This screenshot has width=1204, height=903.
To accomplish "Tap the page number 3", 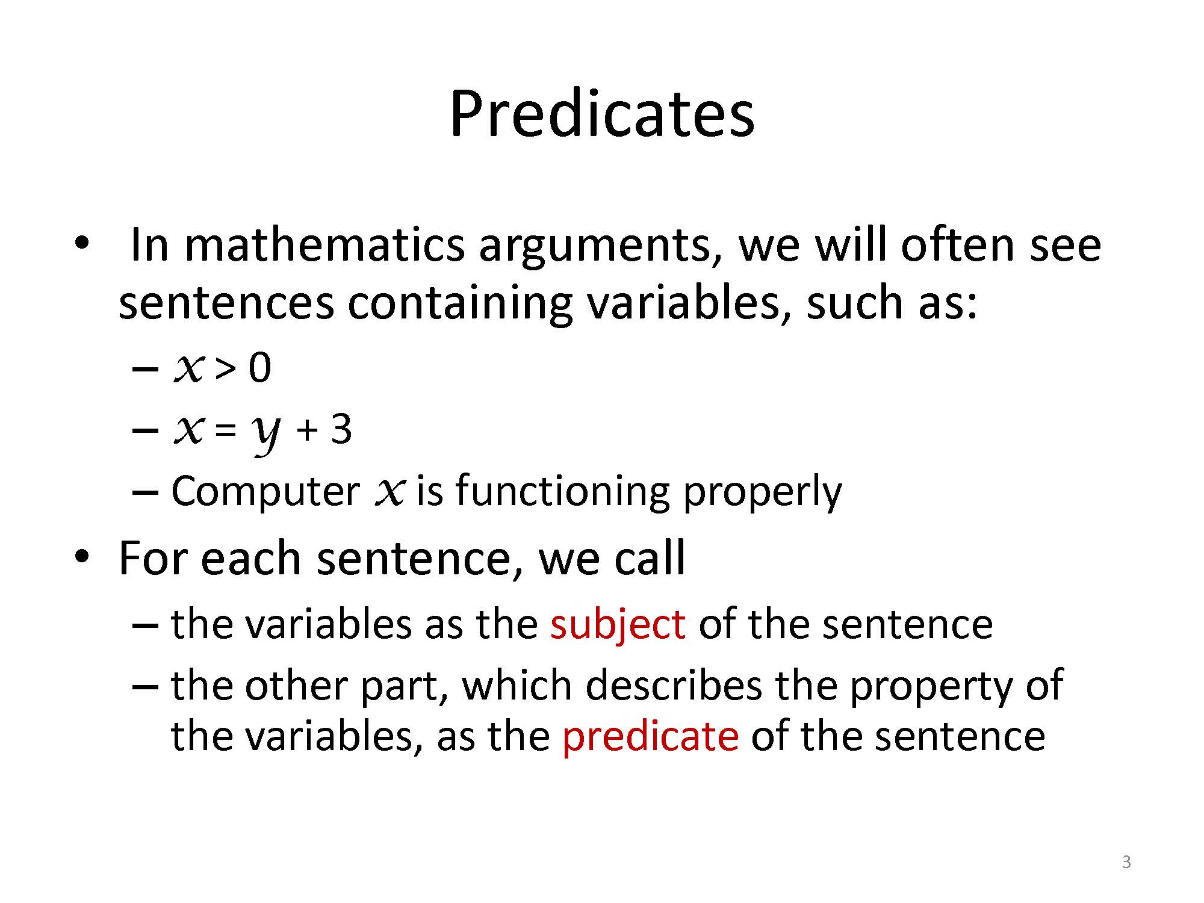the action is (1126, 862).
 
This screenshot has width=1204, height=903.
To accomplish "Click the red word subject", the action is (618, 624).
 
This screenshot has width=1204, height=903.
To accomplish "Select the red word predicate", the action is (650, 736).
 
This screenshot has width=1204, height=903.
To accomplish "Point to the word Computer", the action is (265, 491).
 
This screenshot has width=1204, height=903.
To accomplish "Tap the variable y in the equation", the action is (265, 433).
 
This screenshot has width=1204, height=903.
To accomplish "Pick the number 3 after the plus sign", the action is (341, 429).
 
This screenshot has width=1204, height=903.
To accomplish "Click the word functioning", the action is (563, 491).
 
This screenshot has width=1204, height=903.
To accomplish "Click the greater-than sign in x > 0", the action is (225, 368).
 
